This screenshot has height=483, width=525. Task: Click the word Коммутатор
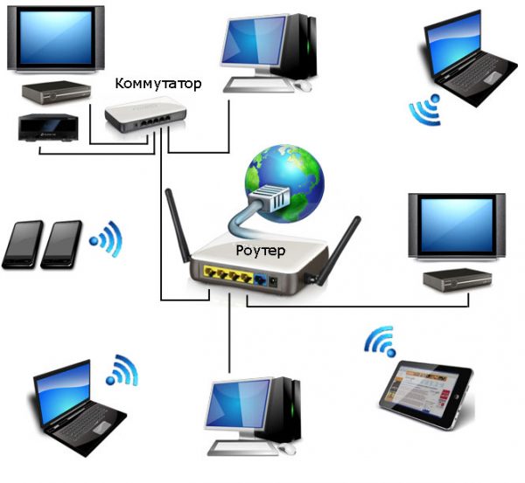pos(158,84)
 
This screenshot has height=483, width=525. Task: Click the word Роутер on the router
pos(261,251)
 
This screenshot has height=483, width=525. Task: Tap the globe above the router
pos(284,183)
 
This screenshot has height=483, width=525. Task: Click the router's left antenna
pos(178,225)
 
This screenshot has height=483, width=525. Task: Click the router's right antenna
pos(339,251)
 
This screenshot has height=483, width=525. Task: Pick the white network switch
pos(145,114)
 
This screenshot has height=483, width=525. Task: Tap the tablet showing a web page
pos(426,395)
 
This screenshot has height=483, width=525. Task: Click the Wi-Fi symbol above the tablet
pos(381,342)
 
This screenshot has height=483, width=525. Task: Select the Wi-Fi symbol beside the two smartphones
pos(106,238)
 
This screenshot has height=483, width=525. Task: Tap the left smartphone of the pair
pos(23,245)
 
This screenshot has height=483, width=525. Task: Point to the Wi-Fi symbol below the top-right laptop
pos(425,109)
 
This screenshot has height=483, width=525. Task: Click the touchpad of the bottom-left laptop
pos(101,428)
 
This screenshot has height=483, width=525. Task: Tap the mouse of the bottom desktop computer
pos(287,448)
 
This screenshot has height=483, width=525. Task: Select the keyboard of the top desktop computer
pos(258,85)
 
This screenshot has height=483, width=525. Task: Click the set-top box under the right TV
pos(457,279)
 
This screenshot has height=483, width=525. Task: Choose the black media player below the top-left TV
pos(48,128)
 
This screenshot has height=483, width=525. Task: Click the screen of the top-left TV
pos(56,37)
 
